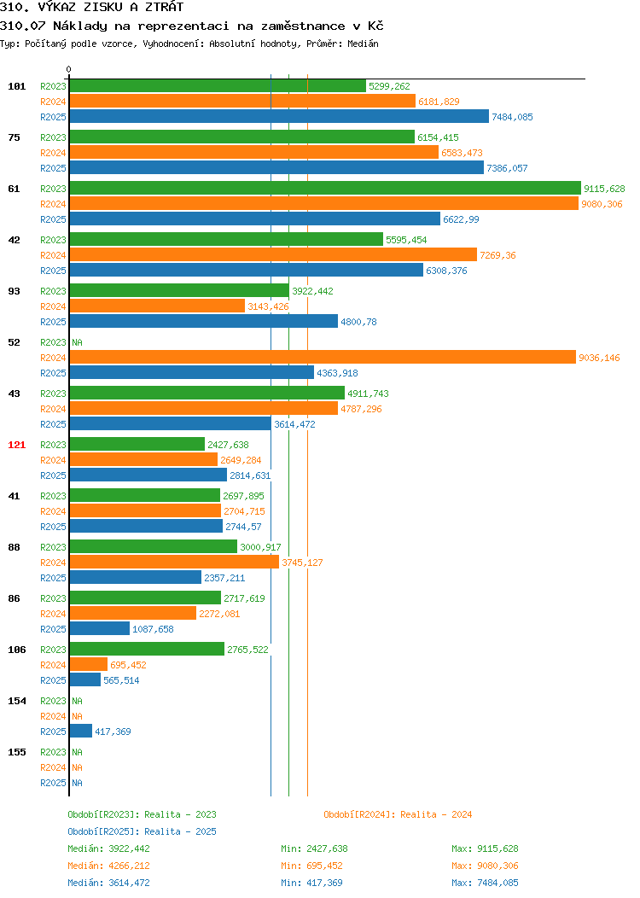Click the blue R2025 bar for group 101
[279, 117]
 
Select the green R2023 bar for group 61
[325, 189]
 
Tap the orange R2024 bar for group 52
[323, 358]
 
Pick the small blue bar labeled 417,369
[81, 732]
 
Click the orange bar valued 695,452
[89, 665]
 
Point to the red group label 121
[16, 445]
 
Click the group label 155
[16, 752]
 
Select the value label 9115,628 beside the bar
[604, 189]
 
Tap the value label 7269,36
[497, 255]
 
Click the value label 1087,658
[153, 629]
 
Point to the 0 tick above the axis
[69, 69]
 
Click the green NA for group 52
[78, 342]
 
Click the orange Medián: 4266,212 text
[108, 866]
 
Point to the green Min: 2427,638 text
[314, 848]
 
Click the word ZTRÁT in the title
[165, 7]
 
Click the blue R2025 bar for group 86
[100, 629]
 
